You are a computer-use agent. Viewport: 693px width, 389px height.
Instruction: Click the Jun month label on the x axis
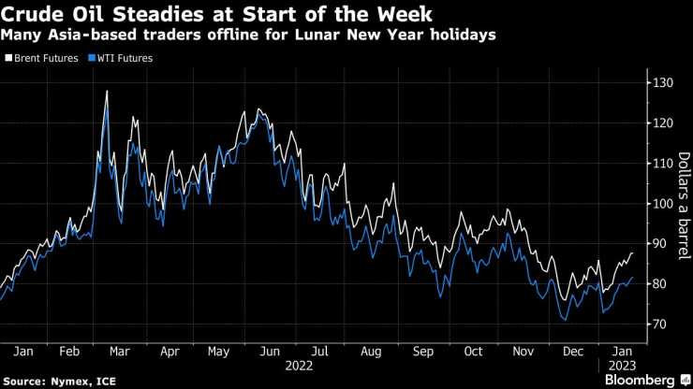270,352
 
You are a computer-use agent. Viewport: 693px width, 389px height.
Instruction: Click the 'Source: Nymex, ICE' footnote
53,381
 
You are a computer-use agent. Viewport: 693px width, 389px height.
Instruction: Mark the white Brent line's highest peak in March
107,91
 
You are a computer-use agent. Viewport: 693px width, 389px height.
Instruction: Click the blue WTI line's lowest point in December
566,320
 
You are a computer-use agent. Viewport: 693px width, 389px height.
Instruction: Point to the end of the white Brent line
632,253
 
